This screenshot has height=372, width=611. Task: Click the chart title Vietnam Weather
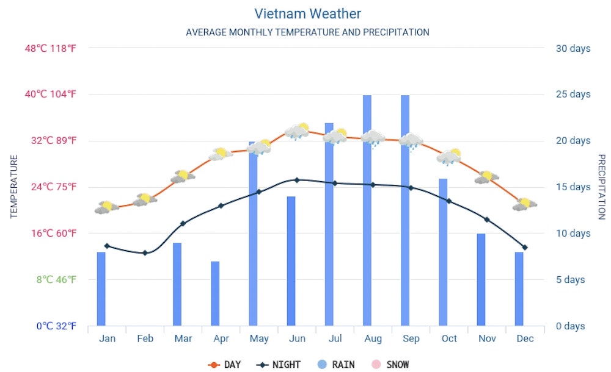(307, 13)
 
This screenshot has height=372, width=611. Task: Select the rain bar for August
(367, 210)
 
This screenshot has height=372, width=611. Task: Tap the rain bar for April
(215, 293)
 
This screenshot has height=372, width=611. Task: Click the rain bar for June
(291, 261)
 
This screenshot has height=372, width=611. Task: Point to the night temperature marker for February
(145, 252)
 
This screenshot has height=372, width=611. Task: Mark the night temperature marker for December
(525, 247)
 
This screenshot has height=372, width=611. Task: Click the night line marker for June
(297, 180)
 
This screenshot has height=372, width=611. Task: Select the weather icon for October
(449, 157)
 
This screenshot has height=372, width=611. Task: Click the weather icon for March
(183, 176)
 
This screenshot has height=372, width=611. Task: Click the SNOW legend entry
(390, 365)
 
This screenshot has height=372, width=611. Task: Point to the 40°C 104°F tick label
(50, 94)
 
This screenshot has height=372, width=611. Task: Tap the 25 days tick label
(573, 94)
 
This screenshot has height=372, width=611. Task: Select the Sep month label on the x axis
(411, 339)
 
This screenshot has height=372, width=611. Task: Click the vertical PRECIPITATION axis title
(601, 187)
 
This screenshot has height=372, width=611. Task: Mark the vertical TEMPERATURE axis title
(14, 187)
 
